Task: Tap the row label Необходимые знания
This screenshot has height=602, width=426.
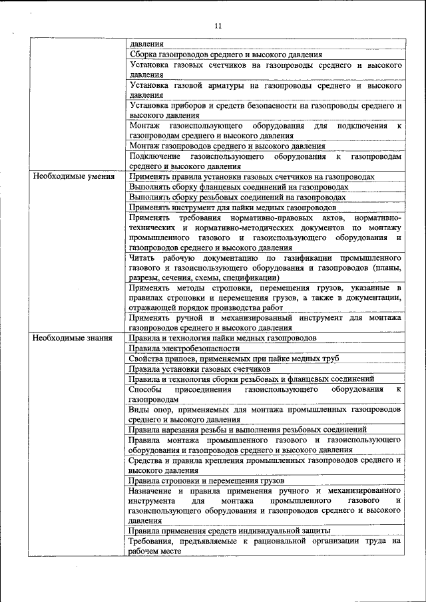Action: pyautogui.click(x=71, y=338)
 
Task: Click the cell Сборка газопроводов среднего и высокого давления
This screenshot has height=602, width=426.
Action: pyautogui.click(x=226, y=55)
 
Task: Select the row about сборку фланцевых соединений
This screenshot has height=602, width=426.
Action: pyautogui.click(x=239, y=187)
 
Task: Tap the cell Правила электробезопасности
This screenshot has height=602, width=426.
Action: pyautogui.click(x=184, y=348)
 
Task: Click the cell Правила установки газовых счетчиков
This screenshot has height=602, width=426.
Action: pyautogui.click(x=200, y=369)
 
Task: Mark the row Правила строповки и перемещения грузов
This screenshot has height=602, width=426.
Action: pyautogui.click(x=207, y=480)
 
